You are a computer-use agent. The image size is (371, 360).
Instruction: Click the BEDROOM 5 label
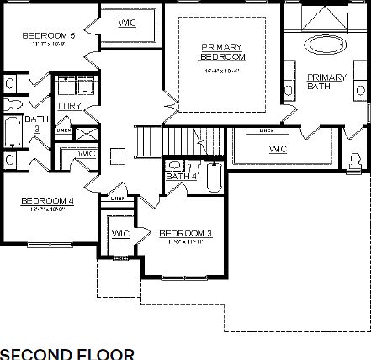(49, 36)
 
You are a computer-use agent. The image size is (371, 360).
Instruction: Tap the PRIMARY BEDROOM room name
(222, 51)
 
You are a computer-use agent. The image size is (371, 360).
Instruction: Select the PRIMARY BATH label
(326, 82)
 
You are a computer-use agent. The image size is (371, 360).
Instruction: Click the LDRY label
(68, 105)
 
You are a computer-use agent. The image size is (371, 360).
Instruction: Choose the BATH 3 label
(36, 124)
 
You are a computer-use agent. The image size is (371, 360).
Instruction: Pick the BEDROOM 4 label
(48, 200)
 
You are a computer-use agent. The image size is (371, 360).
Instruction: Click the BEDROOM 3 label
(185, 233)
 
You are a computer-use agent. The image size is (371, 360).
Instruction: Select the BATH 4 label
(180, 177)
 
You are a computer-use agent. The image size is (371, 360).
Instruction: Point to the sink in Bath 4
(174, 165)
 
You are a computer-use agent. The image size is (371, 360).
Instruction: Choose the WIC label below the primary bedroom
(278, 149)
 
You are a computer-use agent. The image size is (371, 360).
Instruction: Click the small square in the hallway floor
(119, 154)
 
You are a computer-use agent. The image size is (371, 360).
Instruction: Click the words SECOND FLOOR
(66, 352)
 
